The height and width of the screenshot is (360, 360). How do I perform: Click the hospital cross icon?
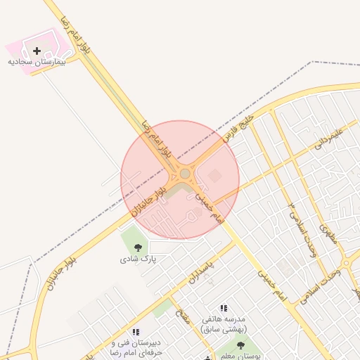37,51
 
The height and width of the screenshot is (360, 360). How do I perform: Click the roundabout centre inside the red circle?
185,174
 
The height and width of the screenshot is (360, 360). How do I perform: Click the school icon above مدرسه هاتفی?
224,308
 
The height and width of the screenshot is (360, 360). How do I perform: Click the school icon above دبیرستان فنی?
136,331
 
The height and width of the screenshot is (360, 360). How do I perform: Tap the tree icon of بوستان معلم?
241,346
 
